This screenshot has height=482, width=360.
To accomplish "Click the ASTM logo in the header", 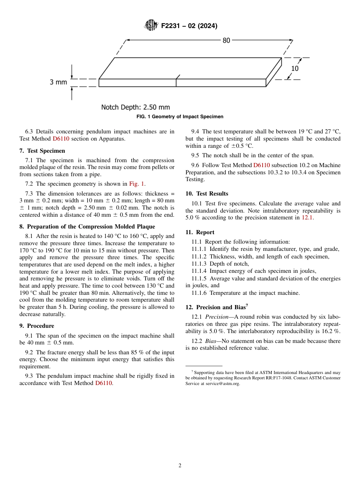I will (151, 25).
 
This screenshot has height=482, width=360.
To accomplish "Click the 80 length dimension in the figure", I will (226, 41).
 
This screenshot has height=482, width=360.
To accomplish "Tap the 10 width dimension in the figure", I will (295, 69).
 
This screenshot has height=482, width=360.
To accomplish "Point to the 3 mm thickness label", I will (58, 82).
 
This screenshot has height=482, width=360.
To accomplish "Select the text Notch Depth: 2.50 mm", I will (135, 107).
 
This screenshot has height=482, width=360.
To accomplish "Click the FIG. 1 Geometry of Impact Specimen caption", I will (180, 117).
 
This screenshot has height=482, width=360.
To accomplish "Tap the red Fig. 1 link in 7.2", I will (137, 184).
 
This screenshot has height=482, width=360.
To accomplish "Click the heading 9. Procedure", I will (37, 326).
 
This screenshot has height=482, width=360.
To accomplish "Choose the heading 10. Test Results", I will (207, 194).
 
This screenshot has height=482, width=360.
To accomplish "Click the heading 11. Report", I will (200, 232).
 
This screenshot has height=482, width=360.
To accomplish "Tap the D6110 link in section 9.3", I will (104, 383).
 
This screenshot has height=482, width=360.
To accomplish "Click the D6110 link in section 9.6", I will (261, 165).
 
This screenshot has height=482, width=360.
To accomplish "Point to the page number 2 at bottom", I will (180, 466).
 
